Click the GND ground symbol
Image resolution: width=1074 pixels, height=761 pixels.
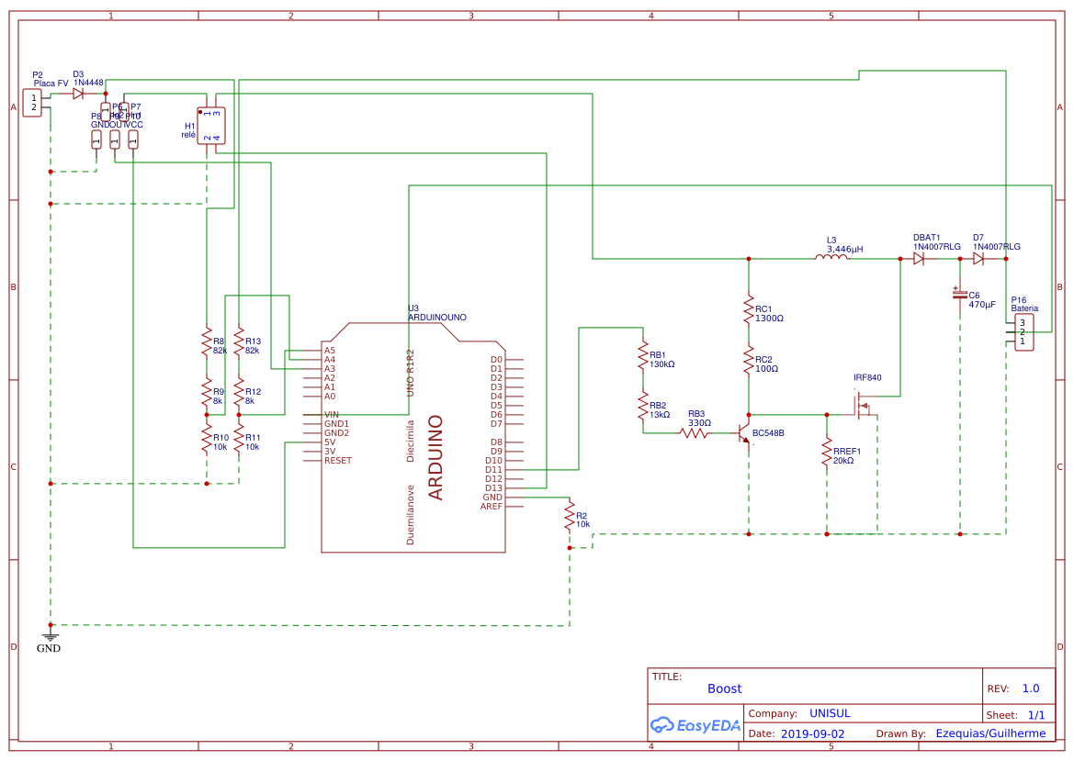[x=51, y=636]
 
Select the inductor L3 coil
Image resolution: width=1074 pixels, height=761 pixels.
[x=831, y=259]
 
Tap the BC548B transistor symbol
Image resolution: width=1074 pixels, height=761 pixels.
[x=744, y=434]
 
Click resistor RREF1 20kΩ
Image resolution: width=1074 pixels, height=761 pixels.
[x=827, y=456]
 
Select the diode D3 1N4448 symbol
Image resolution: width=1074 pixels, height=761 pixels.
[x=79, y=93]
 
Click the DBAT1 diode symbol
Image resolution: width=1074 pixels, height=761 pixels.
[x=918, y=259]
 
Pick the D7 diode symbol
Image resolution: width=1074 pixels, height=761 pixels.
[x=978, y=259]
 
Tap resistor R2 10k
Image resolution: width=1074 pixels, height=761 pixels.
[x=570, y=516]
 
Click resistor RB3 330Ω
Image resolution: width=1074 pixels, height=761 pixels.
[x=695, y=432]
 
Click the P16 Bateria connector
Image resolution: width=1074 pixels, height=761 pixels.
[x=1023, y=332]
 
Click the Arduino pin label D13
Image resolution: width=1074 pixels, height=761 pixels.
[x=494, y=487]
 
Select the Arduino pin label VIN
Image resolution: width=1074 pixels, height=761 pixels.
[x=332, y=414]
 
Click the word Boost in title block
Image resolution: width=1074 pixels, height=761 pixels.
[x=724, y=688]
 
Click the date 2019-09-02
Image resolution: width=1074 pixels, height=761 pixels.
[x=812, y=733]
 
